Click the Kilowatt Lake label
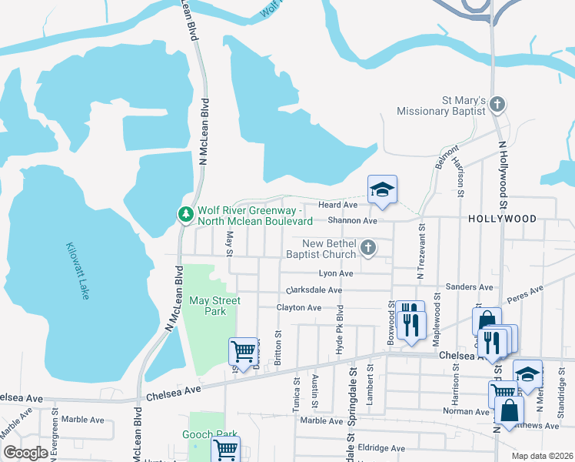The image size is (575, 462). (x=76, y=272)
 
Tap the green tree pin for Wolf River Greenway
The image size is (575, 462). (x=185, y=213)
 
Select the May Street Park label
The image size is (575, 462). (x=215, y=306)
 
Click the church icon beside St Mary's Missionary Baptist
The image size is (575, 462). (x=497, y=103)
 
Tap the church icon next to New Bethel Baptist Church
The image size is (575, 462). (x=368, y=248)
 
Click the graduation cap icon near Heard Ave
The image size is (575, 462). (x=382, y=189)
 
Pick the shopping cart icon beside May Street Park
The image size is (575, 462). (x=244, y=351)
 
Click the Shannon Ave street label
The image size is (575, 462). (x=353, y=221)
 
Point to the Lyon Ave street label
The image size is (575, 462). (x=336, y=273)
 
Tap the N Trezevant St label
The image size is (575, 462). (x=420, y=251)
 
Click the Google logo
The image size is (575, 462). (x=25, y=453)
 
